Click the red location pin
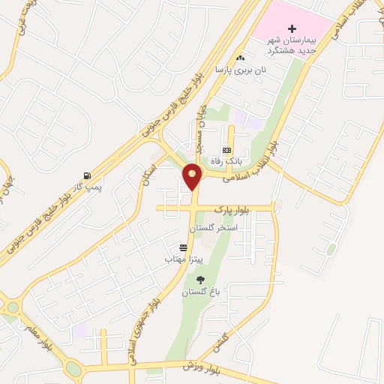coord(193,176)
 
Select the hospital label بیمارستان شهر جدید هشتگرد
coord(293,42)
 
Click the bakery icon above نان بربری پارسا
coord(240,58)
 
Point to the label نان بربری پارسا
coord(241,69)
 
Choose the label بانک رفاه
coord(228,160)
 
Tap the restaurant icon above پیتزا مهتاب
coord(183,247)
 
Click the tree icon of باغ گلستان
coord(199,280)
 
